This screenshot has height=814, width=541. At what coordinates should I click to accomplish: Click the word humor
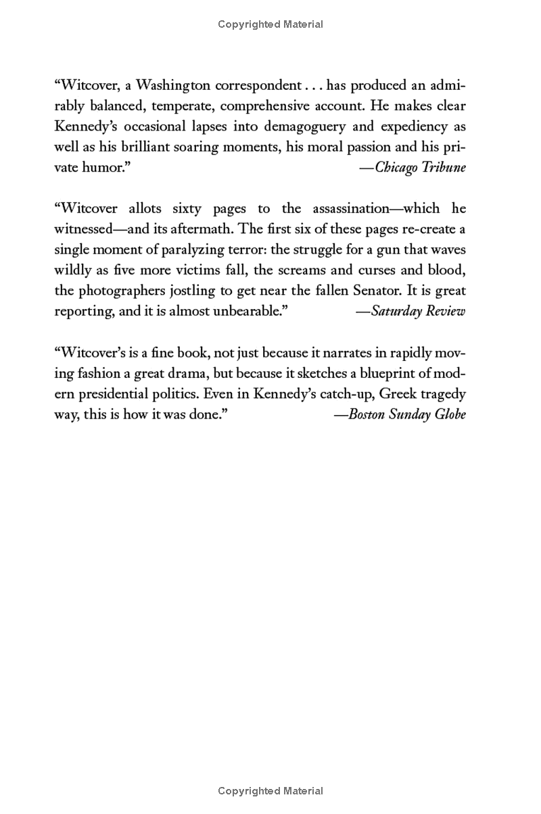pos(105,168)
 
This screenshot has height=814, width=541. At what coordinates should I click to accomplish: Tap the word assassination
pos(363,209)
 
